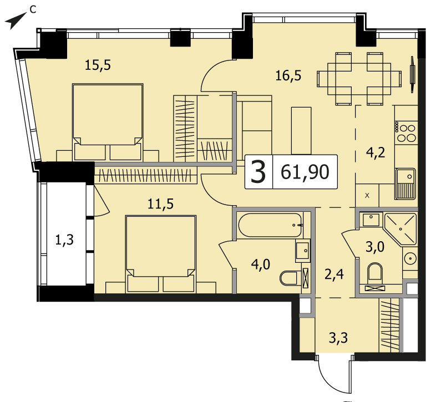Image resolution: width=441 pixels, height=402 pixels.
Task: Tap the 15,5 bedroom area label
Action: point(98,65)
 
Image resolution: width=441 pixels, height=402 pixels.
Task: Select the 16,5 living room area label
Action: point(288,75)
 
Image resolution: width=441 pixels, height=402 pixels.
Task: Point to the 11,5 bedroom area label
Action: point(161,204)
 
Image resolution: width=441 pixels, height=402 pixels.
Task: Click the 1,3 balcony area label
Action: point(64,240)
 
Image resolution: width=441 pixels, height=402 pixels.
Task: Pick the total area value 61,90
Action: point(305,172)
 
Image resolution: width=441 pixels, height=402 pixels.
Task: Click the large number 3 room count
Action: point(258,171)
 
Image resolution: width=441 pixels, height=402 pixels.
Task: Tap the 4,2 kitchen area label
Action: point(376,152)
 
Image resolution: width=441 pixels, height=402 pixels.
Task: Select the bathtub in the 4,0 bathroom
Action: point(270,225)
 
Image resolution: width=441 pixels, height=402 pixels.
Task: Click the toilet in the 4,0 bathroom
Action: point(290,278)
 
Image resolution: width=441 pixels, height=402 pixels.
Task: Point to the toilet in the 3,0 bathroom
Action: point(375,272)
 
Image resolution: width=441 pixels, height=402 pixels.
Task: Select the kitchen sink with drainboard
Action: point(405,184)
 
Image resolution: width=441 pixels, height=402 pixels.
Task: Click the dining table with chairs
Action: point(359,79)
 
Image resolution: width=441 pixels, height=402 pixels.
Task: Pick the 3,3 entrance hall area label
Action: point(338,338)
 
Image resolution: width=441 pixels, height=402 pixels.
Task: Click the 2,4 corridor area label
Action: point(334,274)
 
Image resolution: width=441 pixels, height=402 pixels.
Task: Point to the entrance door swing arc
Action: point(332,376)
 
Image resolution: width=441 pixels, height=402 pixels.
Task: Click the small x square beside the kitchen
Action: point(367,196)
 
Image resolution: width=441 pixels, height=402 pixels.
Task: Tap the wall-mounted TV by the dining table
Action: point(413,74)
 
